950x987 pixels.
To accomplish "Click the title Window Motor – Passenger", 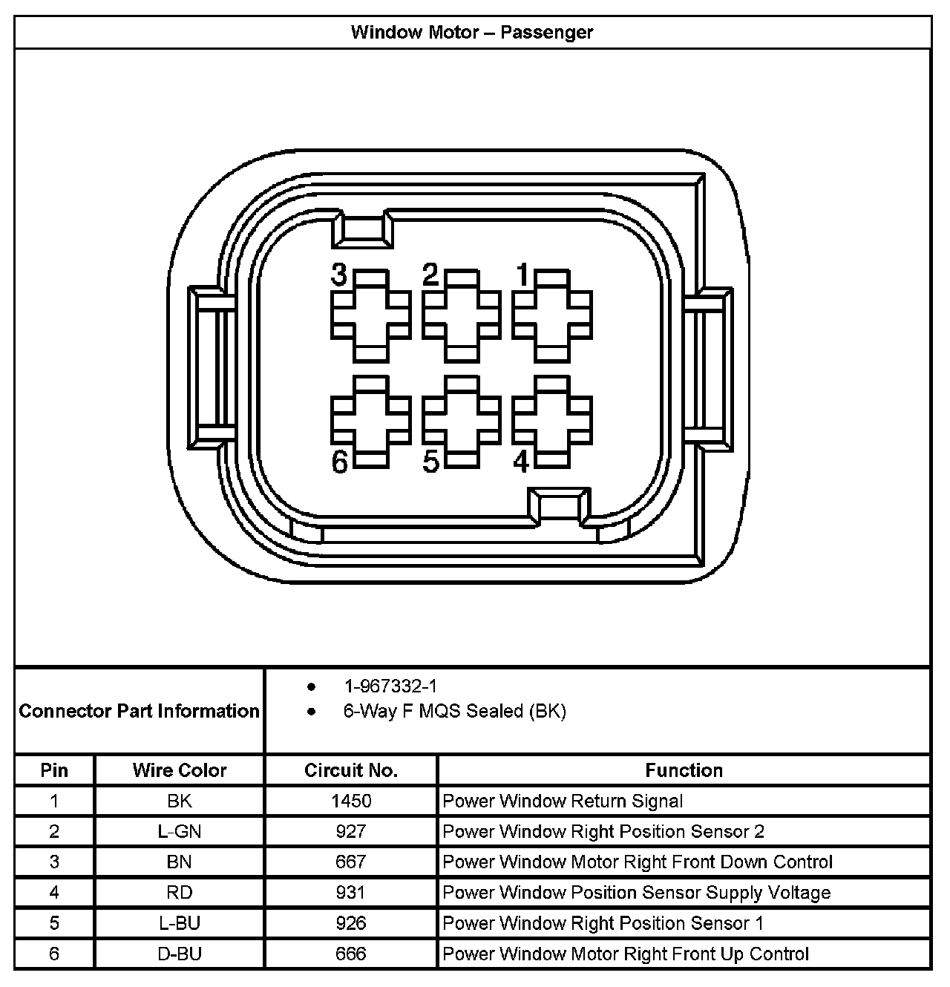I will [472, 33].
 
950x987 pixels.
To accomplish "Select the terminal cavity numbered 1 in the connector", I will [552, 316].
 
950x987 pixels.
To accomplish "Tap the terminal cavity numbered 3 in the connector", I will [370, 316].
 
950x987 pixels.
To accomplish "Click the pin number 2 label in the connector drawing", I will [430, 275].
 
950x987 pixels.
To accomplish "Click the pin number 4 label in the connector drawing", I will [521, 462].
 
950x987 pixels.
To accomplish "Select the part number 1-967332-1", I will [390, 686].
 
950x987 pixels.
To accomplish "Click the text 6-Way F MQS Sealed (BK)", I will [454, 711].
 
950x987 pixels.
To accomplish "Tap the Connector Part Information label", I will [140, 711].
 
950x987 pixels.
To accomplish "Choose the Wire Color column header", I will [180, 770].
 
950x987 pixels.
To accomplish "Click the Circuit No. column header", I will [351, 770].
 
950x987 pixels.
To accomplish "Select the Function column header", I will [684, 770].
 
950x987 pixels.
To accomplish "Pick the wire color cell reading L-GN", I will [180, 831].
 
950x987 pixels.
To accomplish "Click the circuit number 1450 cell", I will [351, 801].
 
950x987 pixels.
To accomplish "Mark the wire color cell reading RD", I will [180, 892].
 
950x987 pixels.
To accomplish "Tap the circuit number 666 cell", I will [351, 954].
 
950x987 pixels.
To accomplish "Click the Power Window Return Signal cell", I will [563, 801].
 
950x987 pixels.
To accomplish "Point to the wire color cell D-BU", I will [180, 954].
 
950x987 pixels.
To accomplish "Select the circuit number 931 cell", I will [351, 892].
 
